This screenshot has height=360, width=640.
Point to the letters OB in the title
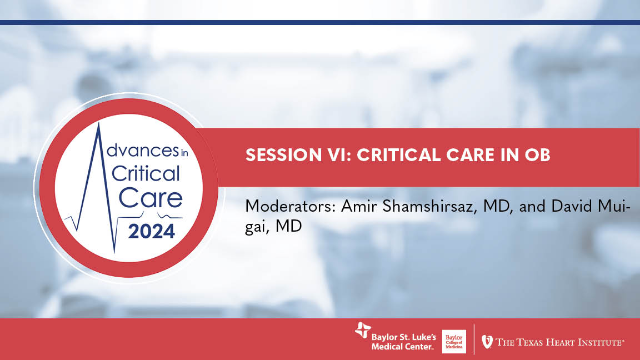537,156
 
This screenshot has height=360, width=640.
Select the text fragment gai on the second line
257,228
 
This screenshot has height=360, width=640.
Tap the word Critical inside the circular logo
146,174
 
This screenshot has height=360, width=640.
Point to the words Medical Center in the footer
402,347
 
